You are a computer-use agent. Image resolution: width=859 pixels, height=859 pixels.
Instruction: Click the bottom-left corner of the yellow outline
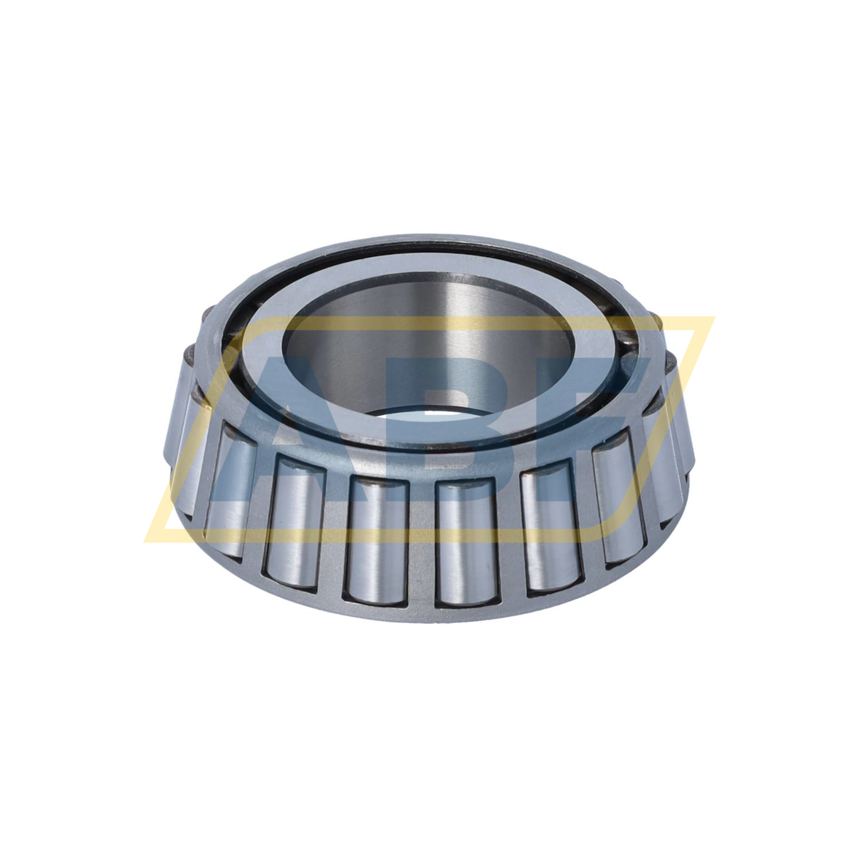(x=148, y=541)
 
